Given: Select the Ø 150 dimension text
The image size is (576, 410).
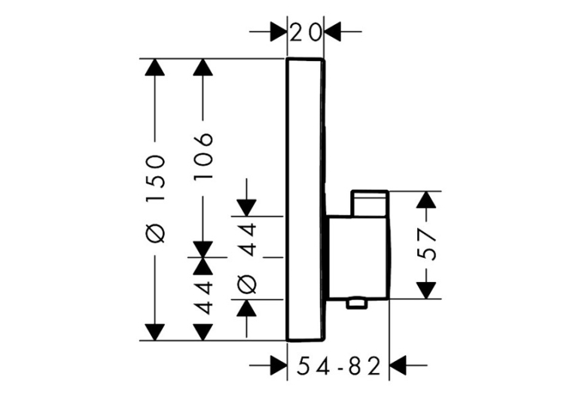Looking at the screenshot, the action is coord(155,199).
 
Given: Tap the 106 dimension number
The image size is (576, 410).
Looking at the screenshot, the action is coord(203,156).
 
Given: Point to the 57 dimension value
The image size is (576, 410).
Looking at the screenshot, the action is coord(427,244).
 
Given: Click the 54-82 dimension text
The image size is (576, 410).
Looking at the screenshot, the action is coord(338,366).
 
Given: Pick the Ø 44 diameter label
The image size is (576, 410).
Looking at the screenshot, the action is coord(247,258).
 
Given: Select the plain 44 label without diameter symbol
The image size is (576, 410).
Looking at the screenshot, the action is coord(203,298).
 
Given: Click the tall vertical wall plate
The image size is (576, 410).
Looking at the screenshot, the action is coord(305,199).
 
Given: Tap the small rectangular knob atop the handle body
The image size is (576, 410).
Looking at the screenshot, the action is coord(370,203).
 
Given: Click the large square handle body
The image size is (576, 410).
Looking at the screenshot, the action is coord(358,257).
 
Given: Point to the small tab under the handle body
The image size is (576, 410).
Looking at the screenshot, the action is coord(356,303).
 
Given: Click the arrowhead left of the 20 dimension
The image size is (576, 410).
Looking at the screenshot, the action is coord(278,32).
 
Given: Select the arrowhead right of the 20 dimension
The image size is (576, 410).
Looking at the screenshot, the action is coord(333,32).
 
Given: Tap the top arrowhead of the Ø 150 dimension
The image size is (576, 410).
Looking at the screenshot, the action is coord(154,67).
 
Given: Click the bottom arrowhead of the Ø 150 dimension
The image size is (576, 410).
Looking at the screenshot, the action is coord(154,333).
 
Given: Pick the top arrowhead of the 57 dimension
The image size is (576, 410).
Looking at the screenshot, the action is coord(426,200).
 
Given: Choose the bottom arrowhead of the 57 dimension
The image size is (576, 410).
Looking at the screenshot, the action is coord(426,290).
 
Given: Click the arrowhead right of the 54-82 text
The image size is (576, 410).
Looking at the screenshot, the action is coord(398,366).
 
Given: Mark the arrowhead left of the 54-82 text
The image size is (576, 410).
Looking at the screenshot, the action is coord(279,366).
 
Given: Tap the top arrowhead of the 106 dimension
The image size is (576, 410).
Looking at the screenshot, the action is coord(203,67).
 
